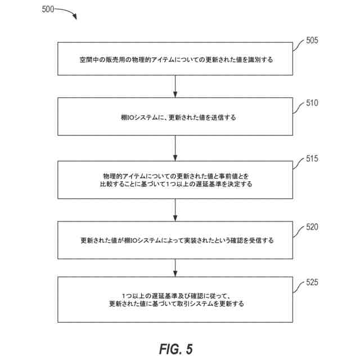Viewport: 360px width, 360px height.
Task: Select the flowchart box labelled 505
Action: pyautogui.click(x=175, y=58)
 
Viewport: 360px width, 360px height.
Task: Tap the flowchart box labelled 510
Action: pyautogui.click(x=175, y=117)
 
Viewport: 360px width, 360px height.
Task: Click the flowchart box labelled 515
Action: pyautogui.click(x=175, y=179)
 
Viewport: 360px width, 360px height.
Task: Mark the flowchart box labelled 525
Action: pyautogui.click(x=175, y=299)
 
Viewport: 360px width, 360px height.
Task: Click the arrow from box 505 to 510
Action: pyautogui.click(x=175, y=87)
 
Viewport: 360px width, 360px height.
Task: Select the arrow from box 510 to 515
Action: pyautogui.click(x=175, y=148)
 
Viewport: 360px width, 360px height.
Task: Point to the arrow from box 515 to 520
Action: pyautogui.click(x=175, y=209)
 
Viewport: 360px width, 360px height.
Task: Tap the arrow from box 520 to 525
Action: pyautogui.click(x=175, y=269)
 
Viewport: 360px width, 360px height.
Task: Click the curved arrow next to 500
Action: pyautogui.click(x=66, y=12)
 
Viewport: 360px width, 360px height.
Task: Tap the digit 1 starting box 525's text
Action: pyautogui.click(x=123, y=295)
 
